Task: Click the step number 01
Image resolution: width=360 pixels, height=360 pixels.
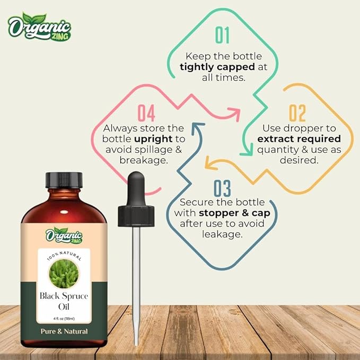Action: point(222,35)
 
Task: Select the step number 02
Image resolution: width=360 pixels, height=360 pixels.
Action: point(297,113)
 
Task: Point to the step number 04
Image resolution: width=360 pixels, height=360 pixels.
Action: point(146,113)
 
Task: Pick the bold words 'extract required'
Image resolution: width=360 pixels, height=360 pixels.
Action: point(298,138)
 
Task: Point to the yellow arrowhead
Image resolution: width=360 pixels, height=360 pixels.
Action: point(209,164)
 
